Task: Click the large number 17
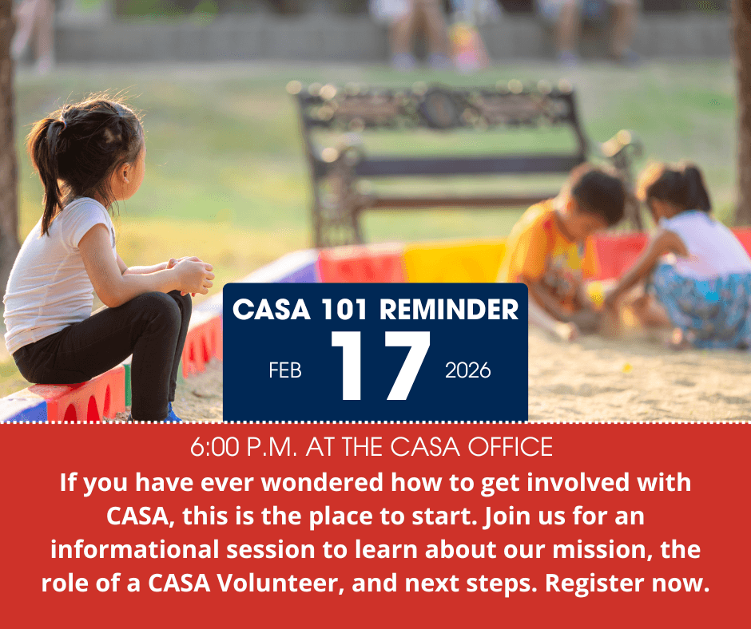[381, 366]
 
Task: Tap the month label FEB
[285, 370]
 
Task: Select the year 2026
[468, 370]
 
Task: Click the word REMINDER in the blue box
[449, 309]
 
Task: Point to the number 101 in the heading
[345, 309]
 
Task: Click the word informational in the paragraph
[135, 549]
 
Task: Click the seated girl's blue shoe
[172, 413]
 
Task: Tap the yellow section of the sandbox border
[454, 261]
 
